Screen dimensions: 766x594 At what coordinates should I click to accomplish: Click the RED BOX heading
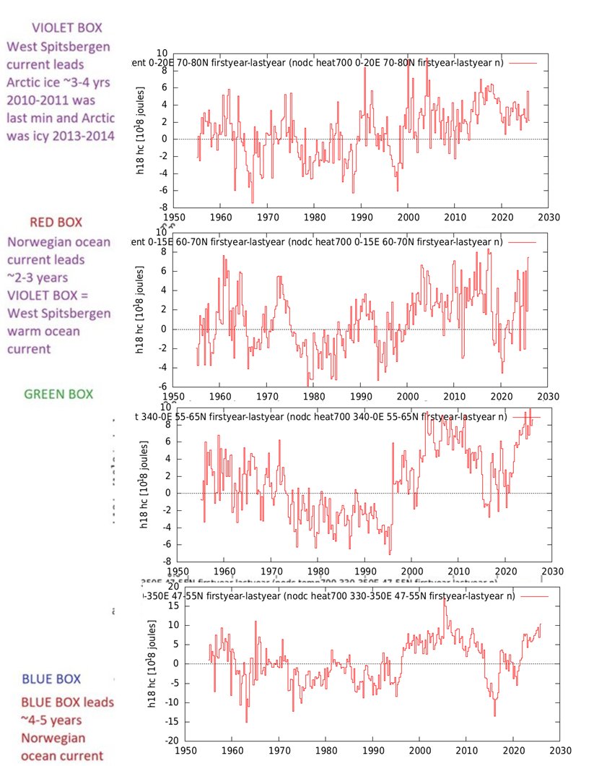pyautogui.click(x=56, y=222)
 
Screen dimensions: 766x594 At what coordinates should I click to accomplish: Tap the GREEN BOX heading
pyautogui.click(x=58, y=395)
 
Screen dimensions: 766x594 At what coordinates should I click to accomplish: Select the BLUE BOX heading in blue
pyautogui.click(x=51, y=679)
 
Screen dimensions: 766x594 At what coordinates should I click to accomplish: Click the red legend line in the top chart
pyautogui.click(x=523, y=64)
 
